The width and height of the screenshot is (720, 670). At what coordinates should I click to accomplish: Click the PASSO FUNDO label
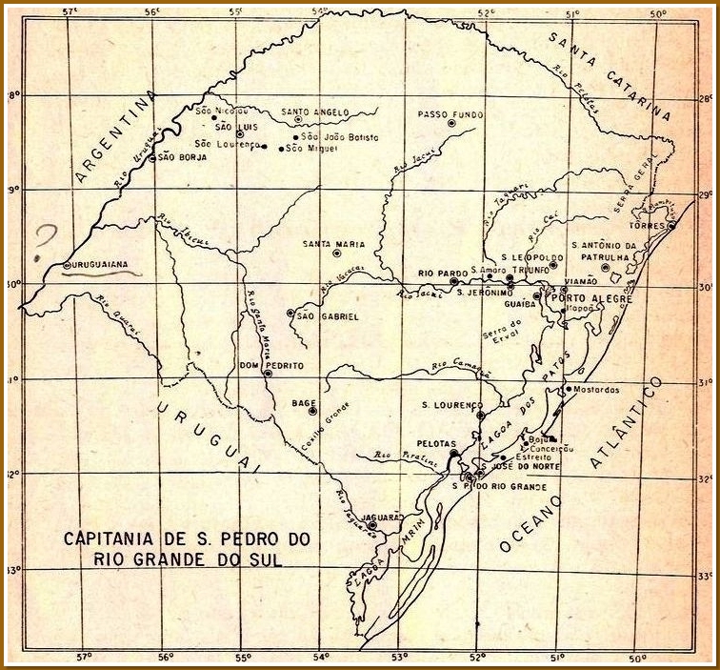pos(446,114)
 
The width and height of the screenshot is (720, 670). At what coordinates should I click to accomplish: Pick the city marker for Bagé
pos(311,412)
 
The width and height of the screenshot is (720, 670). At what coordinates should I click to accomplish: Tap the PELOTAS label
pos(436,443)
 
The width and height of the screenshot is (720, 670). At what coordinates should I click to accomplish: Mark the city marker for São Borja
pos(151,157)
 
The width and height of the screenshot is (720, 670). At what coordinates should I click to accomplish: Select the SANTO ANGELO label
pos(315,112)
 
